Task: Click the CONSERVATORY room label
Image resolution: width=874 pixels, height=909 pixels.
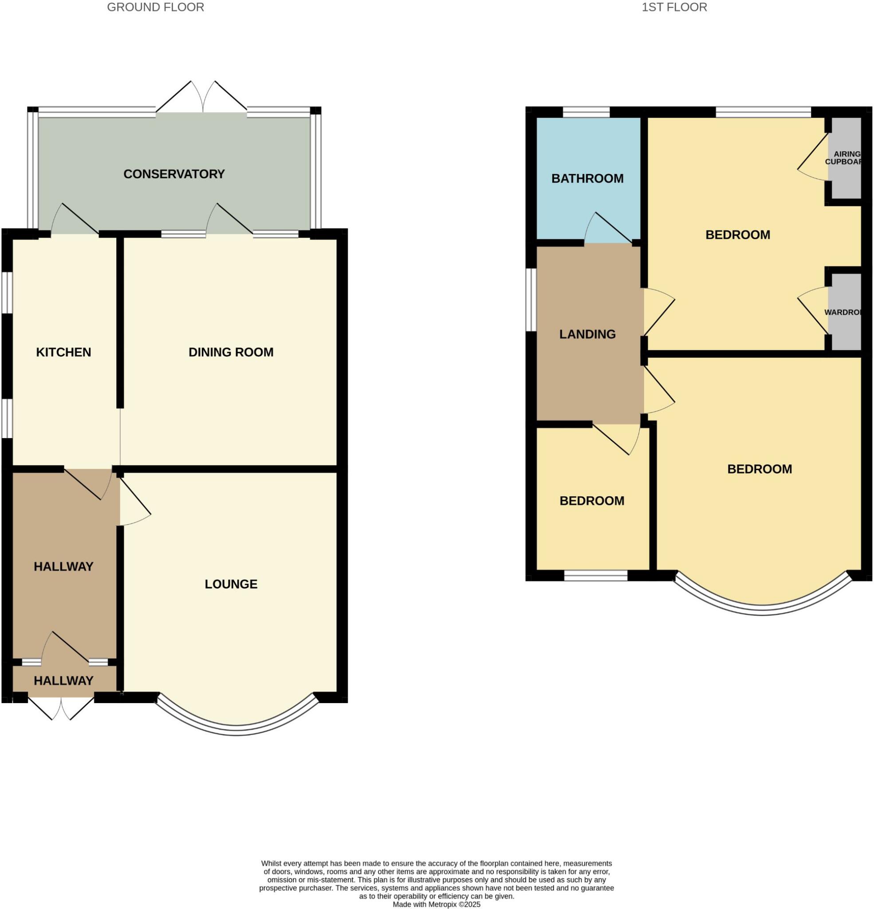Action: (x=174, y=174)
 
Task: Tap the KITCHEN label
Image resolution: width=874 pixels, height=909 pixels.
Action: (x=63, y=352)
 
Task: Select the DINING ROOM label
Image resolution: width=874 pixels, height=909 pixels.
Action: (x=231, y=352)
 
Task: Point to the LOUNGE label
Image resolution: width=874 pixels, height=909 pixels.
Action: (x=231, y=584)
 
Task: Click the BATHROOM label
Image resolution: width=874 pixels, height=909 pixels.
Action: (x=587, y=178)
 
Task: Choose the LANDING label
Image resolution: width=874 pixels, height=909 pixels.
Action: (x=587, y=334)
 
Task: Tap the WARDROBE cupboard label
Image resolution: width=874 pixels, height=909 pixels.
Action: (x=843, y=312)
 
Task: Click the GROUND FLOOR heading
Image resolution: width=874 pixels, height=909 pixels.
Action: (x=155, y=8)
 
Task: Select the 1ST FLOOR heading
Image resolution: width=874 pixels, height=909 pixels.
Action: (x=674, y=8)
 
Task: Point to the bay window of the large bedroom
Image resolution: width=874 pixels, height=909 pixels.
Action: (x=762, y=610)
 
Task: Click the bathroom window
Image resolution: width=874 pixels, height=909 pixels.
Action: (x=586, y=112)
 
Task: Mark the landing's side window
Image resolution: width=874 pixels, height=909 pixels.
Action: (x=531, y=300)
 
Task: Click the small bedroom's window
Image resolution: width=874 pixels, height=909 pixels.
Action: (x=595, y=576)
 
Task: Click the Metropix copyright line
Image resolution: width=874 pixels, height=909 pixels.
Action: (x=436, y=905)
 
